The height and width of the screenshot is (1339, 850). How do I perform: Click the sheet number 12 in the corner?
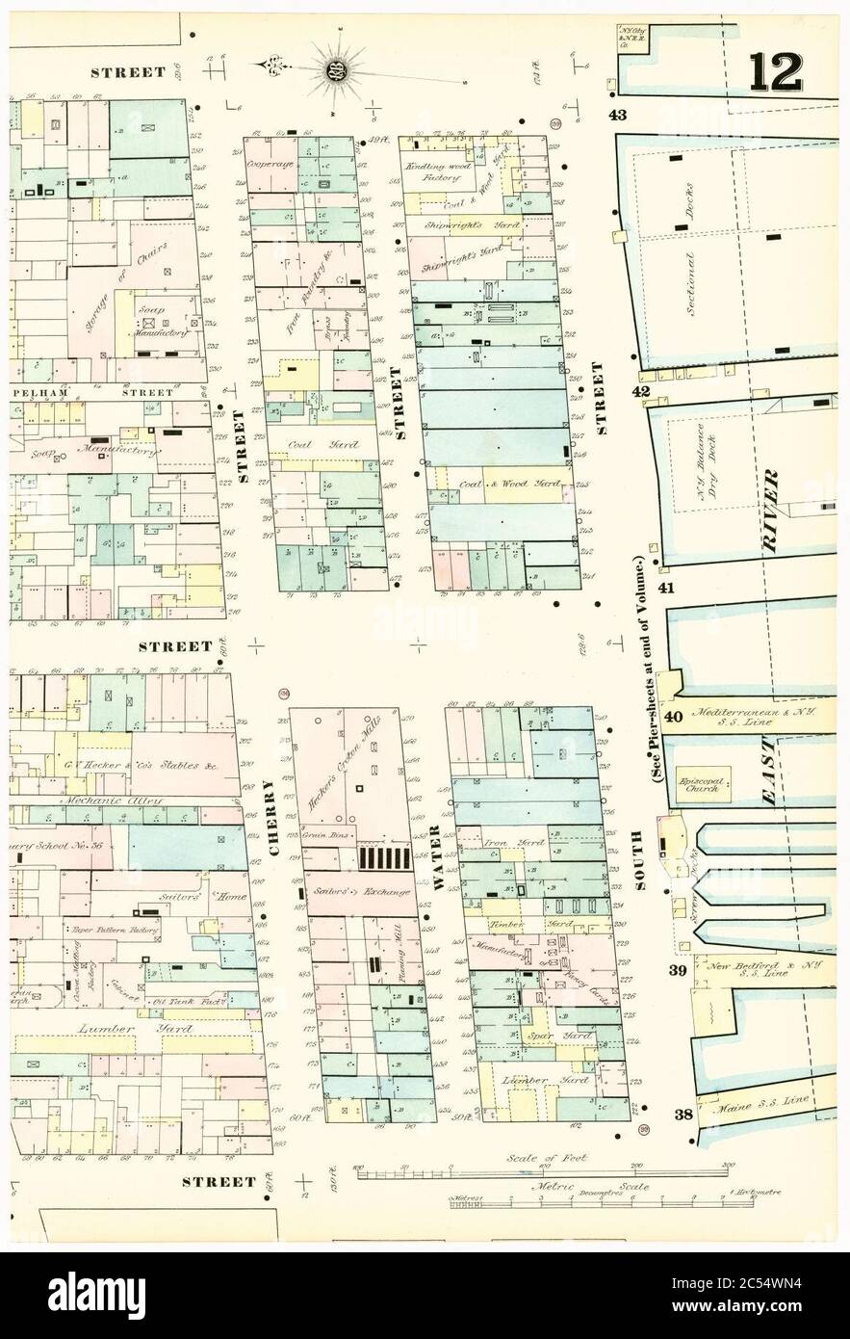tap(775, 72)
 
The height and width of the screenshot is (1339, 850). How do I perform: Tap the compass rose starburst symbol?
tap(337, 67)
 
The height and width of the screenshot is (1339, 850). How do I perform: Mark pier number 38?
tap(684, 1115)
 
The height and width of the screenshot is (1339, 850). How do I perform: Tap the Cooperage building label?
tap(269, 165)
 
